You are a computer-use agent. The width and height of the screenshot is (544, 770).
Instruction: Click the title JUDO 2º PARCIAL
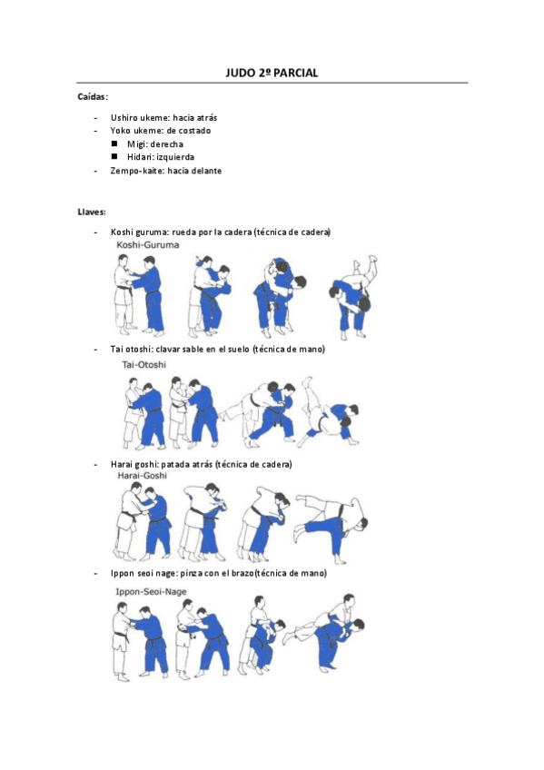tap(272, 73)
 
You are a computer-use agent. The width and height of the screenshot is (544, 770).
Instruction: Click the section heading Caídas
tap(92, 97)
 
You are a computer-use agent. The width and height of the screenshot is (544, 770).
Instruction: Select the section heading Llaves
tap(92, 212)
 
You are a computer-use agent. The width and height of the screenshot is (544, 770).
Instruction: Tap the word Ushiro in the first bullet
tap(121, 118)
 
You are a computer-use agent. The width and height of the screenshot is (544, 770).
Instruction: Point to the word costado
tap(194, 131)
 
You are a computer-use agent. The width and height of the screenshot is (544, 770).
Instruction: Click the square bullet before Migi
tap(114, 143)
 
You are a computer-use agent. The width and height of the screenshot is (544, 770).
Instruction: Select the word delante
tap(207, 171)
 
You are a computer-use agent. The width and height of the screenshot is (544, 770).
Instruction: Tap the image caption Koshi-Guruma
tap(148, 244)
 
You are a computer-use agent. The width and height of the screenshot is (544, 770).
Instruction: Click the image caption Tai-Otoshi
tap(143, 364)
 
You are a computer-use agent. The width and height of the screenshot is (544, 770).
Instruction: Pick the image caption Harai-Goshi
tap(142, 476)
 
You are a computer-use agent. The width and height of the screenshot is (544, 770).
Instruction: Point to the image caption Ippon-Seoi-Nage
tap(152, 592)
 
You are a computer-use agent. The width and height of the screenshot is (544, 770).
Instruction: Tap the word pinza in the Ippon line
tap(189, 573)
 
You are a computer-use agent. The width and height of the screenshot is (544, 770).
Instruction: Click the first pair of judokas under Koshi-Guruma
tap(140, 296)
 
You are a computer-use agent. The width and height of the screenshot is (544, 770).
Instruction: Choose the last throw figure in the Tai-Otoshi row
tap(330, 411)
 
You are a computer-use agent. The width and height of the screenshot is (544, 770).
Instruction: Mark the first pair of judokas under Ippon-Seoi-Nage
tap(140, 641)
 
